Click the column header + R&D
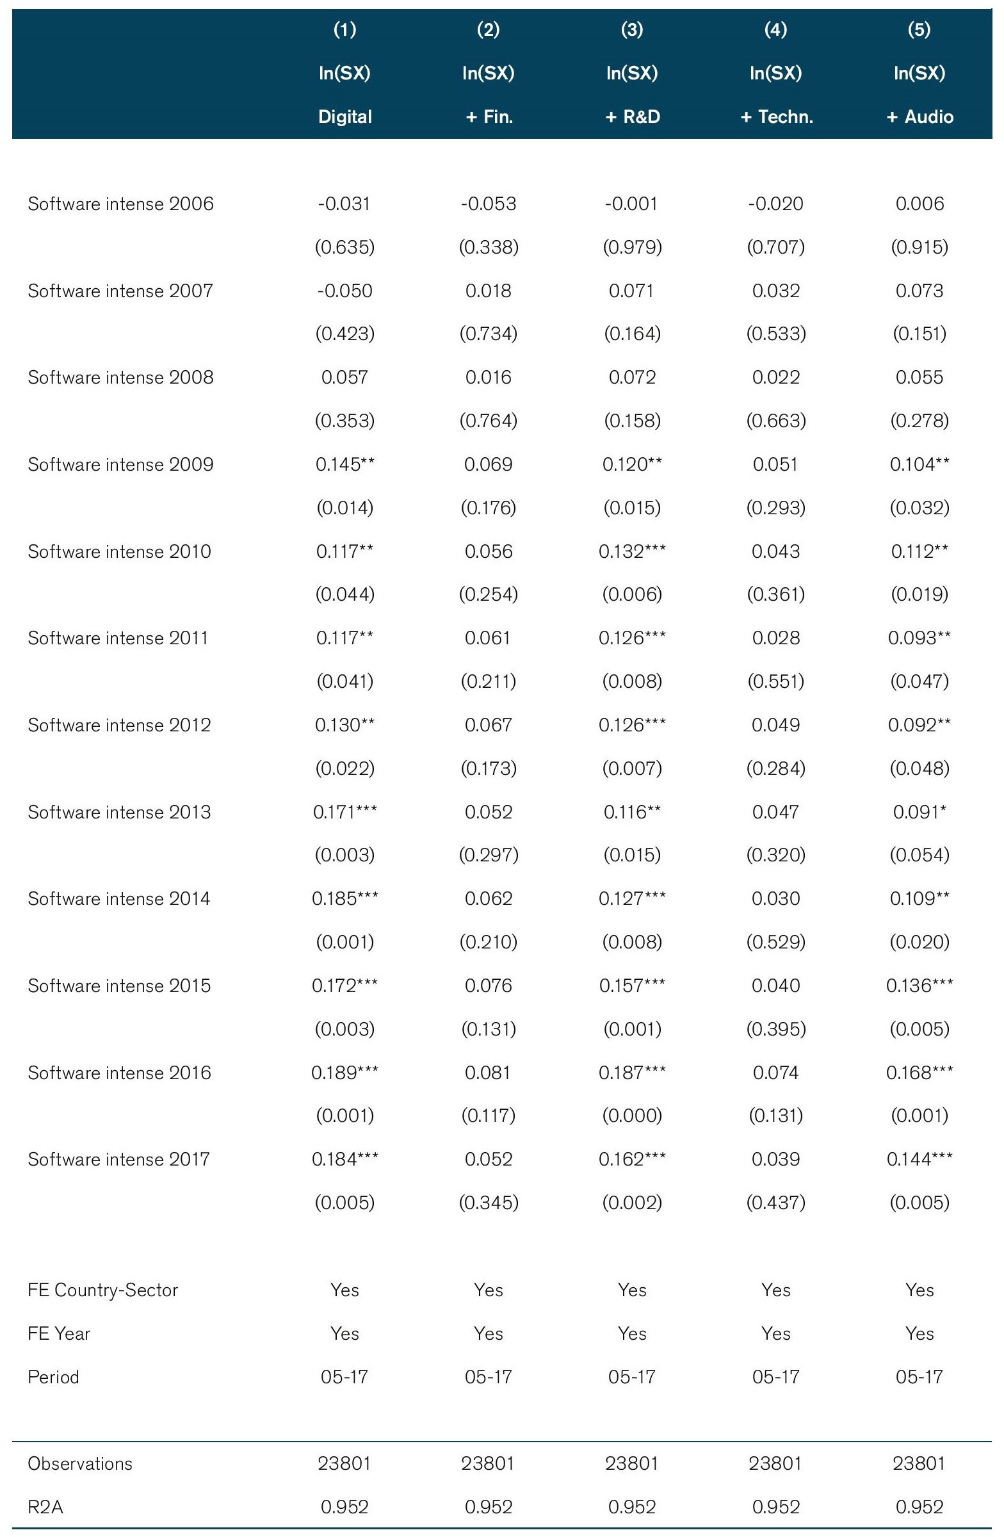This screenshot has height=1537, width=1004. (x=631, y=117)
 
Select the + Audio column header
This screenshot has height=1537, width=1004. (x=919, y=117)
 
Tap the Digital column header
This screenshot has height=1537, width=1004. (x=344, y=117)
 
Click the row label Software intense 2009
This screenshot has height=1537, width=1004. (x=120, y=464)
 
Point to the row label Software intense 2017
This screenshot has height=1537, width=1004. (x=119, y=1159)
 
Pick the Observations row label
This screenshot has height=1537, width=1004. (x=80, y=1464)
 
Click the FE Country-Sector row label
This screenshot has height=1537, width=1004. (x=102, y=1290)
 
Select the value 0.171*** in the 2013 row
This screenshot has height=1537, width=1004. (x=344, y=812)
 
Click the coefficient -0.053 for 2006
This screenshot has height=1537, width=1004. (x=488, y=204)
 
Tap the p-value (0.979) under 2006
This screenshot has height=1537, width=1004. (x=632, y=247)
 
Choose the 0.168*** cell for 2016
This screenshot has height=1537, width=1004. (x=919, y=1073)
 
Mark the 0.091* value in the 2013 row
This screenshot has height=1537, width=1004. (x=919, y=812)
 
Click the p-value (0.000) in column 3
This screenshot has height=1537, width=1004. (x=632, y=1116)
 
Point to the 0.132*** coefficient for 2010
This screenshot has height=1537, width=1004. (x=632, y=551)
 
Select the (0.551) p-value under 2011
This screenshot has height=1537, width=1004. (x=775, y=681)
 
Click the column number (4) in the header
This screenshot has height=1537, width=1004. (x=775, y=29)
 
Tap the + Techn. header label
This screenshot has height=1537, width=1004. (x=776, y=117)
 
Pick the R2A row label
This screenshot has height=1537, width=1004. (x=45, y=1508)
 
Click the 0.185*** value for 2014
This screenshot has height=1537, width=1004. (x=344, y=899)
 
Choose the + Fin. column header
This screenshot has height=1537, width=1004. (x=489, y=117)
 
